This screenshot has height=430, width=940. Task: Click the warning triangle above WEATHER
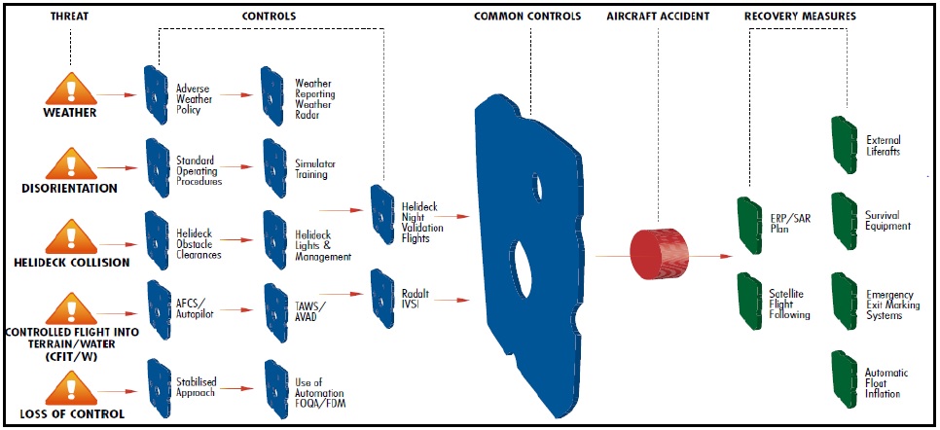click(x=71, y=90)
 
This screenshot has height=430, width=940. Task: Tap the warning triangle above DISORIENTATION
click(x=71, y=165)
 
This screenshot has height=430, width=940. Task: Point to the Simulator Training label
click(x=315, y=169)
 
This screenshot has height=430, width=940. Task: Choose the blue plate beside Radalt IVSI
click(x=381, y=299)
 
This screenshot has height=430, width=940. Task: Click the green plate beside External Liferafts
click(x=845, y=145)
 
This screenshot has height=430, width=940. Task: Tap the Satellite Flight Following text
click(x=789, y=305)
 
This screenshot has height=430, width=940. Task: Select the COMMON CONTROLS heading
click(x=527, y=17)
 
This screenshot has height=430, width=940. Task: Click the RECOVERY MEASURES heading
click(x=800, y=17)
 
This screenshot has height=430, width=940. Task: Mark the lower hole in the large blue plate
click(x=520, y=269)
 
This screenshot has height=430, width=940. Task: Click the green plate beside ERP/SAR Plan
click(x=749, y=225)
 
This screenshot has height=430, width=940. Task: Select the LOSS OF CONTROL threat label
click(x=72, y=413)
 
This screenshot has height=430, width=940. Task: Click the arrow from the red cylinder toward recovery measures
click(x=710, y=256)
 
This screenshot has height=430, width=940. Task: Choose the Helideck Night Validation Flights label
click(x=422, y=223)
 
